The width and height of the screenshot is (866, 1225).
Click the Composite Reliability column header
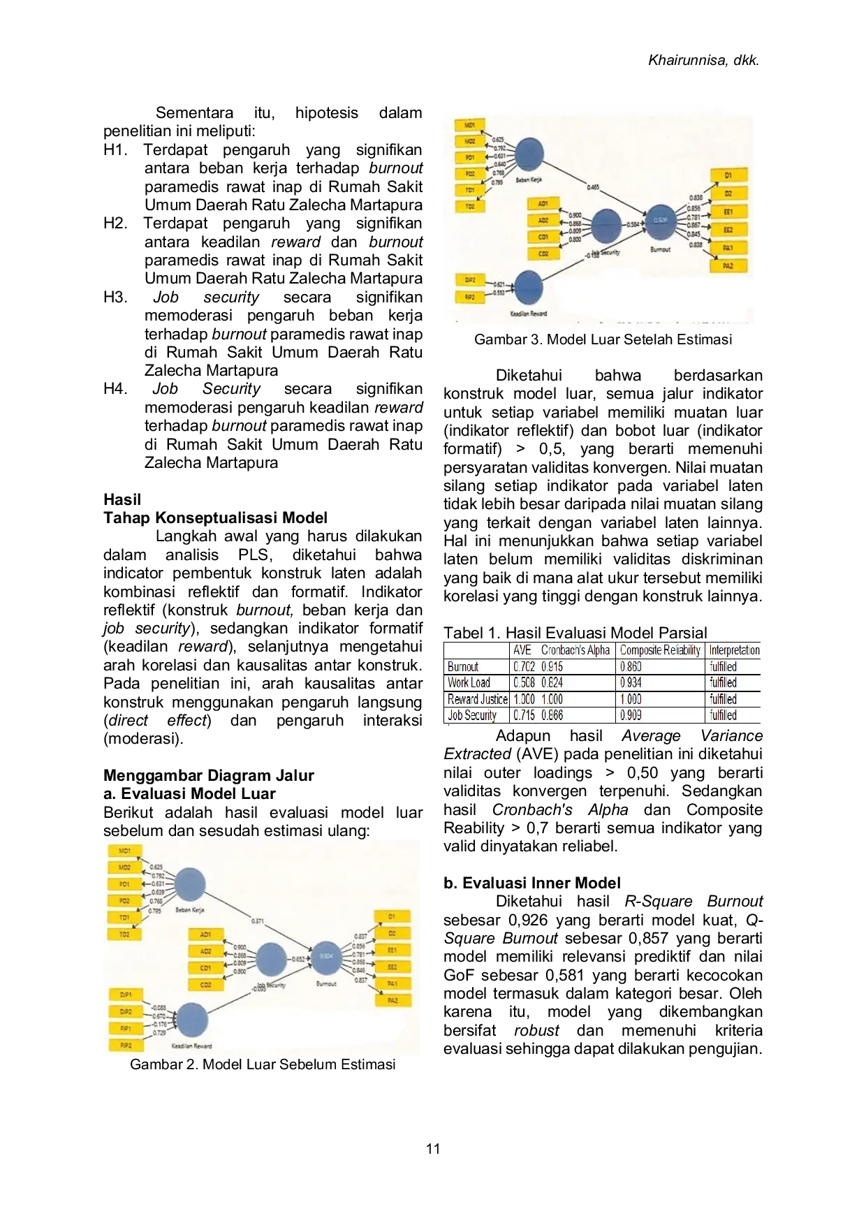click(x=660, y=650)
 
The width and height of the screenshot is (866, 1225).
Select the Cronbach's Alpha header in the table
click(x=576, y=650)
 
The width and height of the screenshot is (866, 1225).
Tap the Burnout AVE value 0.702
click(x=524, y=667)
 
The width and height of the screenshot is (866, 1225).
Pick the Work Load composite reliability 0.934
click(x=631, y=683)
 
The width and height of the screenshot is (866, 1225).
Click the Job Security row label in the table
click(x=472, y=715)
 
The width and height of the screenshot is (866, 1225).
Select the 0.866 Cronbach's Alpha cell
click(x=552, y=715)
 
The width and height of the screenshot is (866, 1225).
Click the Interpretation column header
click(x=734, y=650)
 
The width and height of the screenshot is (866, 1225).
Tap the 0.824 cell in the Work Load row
click(x=552, y=683)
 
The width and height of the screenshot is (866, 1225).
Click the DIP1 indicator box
click(x=126, y=995)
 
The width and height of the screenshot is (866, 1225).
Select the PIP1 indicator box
click(x=126, y=1029)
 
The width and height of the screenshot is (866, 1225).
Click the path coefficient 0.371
click(x=258, y=922)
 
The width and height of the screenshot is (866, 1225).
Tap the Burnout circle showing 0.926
click(x=660, y=220)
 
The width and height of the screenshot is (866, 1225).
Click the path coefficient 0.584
click(x=632, y=224)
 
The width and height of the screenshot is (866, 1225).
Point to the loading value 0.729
click(x=159, y=1033)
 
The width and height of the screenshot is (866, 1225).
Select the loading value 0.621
click(x=499, y=284)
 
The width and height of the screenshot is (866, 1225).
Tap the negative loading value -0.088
click(x=159, y=1008)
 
